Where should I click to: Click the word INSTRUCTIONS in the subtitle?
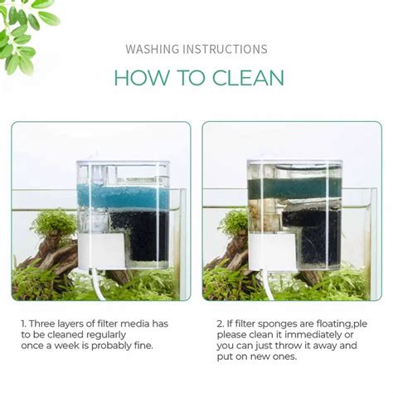(x=224, y=50)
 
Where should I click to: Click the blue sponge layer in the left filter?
(x=124, y=196)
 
